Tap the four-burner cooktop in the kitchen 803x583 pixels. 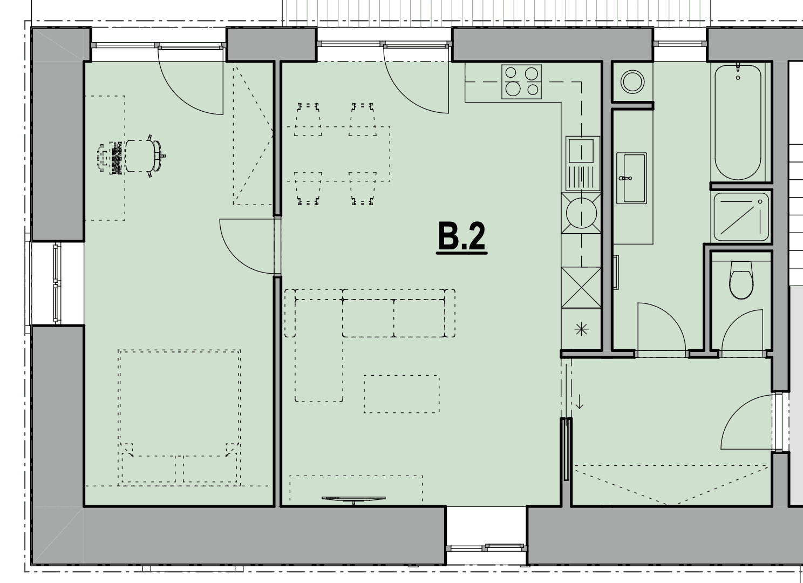[522, 82]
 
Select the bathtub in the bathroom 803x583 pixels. [738, 122]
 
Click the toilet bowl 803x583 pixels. [741, 280]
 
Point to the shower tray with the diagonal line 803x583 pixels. [741, 218]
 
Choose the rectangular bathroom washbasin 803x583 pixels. [631, 178]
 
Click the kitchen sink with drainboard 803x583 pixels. [582, 164]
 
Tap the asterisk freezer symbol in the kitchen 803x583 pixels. [581, 329]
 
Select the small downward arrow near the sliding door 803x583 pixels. [579, 402]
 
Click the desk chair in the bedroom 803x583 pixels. [144, 156]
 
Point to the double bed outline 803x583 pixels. [179, 418]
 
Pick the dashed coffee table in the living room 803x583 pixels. [401, 394]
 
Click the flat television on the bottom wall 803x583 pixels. [353, 499]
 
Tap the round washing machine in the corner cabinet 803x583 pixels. [632, 82]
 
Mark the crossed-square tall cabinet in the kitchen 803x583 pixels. [581, 288]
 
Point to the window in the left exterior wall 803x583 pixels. [57, 283]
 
